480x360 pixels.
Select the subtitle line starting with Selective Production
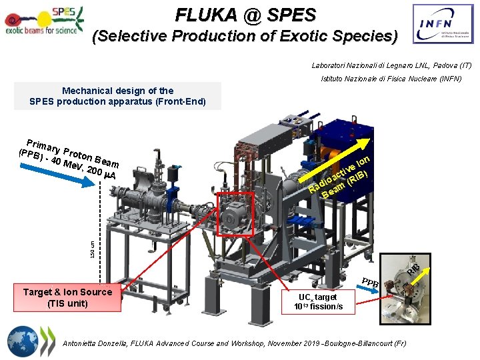(x=245, y=36)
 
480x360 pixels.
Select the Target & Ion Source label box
(x=68, y=297)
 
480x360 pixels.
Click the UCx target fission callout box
(x=318, y=301)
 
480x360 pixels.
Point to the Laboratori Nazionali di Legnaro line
(x=391, y=66)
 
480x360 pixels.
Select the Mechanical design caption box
(x=117, y=96)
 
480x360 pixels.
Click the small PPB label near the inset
(x=371, y=283)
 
